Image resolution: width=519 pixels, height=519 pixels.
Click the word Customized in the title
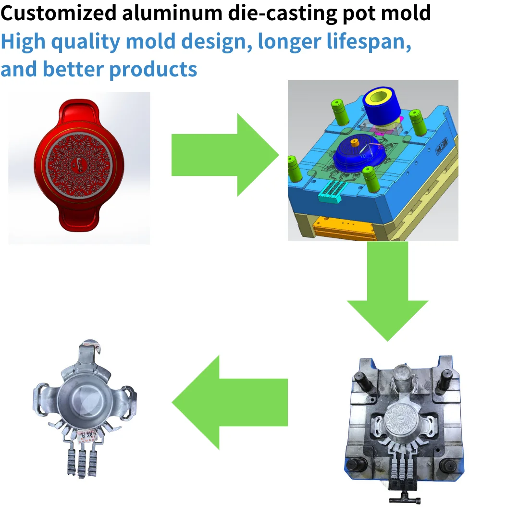(x=58, y=13)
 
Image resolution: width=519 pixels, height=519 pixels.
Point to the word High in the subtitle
(x=23, y=41)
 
